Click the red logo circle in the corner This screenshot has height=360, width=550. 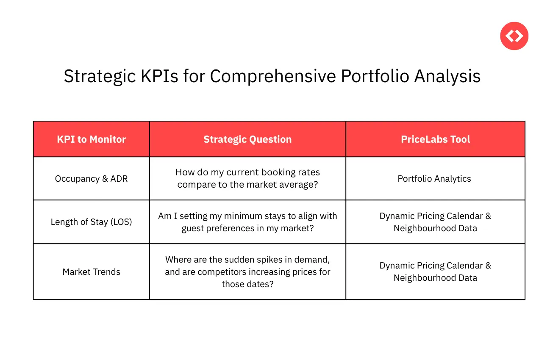pyautogui.click(x=514, y=36)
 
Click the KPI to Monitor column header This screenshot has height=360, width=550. pyautogui.click(x=92, y=139)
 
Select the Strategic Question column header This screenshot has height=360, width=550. pyautogui.click(x=247, y=139)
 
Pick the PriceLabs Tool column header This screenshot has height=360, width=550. pyautogui.click(x=435, y=139)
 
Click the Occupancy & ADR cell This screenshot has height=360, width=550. pyautogui.click(x=92, y=179)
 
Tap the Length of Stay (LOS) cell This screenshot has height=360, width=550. pyautogui.click(x=92, y=222)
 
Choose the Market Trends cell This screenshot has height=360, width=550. pyautogui.click(x=92, y=272)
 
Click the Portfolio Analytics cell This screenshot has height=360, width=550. pyautogui.click(x=434, y=179)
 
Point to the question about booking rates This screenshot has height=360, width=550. pyautogui.click(x=247, y=179)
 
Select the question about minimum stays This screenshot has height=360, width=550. pyautogui.click(x=247, y=222)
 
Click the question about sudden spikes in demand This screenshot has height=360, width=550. pyautogui.click(x=247, y=271)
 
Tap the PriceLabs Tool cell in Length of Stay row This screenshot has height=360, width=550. pyautogui.click(x=435, y=222)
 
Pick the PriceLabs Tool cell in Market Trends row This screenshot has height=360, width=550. pyautogui.click(x=435, y=271)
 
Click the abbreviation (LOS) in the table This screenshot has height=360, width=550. pyautogui.click(x=120, y=222)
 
